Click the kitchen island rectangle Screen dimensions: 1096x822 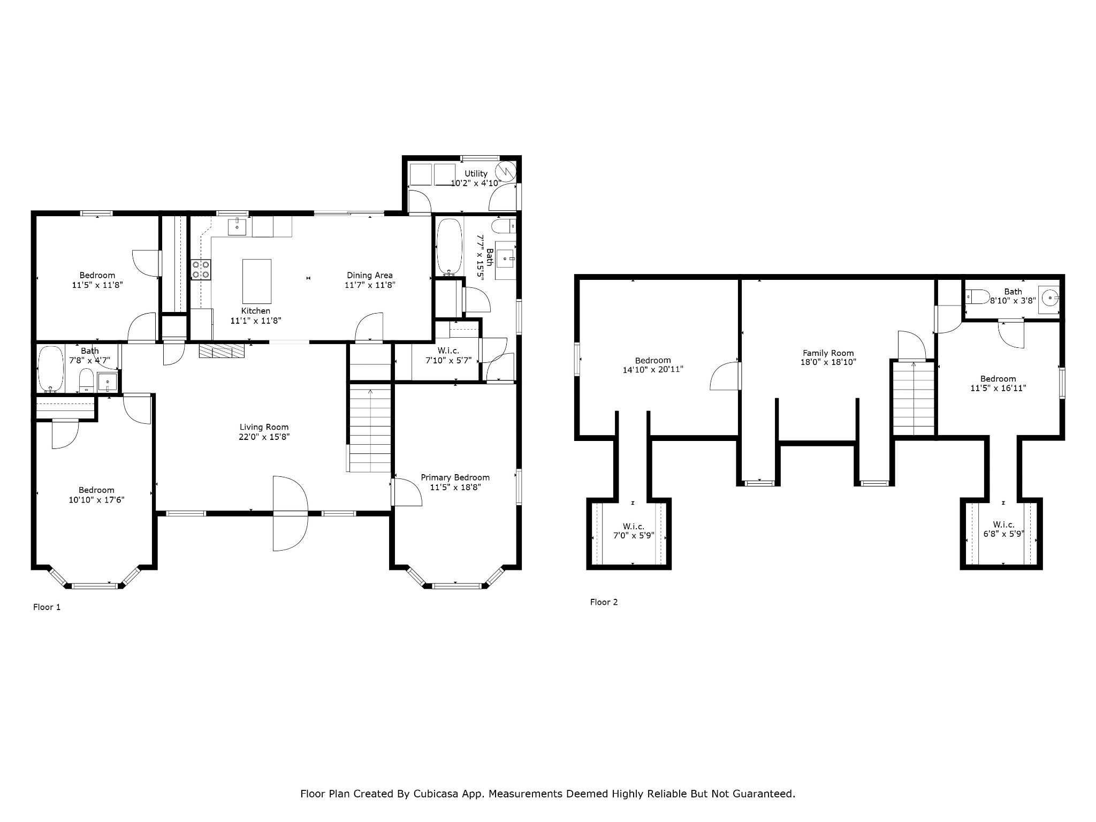[257, 281]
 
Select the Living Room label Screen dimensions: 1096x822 [264, 427]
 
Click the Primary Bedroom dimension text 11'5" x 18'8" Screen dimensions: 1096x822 [455, 488]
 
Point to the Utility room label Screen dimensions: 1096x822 [476, 173]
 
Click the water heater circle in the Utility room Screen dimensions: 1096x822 [506, 171]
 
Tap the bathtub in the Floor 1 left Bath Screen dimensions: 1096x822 [51, 369]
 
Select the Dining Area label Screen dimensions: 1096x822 [370, 275]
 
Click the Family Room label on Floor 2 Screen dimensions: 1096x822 [828, 353]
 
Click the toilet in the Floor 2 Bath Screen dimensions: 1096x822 [978, 296]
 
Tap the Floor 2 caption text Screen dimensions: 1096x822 [604, 602]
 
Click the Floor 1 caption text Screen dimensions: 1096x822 [47, 607]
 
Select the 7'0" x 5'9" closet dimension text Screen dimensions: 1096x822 [634, 536]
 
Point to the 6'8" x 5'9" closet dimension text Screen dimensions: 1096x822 [1003, 534]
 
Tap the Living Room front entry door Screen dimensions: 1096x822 [291, 513]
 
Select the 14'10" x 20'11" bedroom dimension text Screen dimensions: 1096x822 [653, 369]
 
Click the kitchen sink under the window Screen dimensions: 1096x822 [237, 227]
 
